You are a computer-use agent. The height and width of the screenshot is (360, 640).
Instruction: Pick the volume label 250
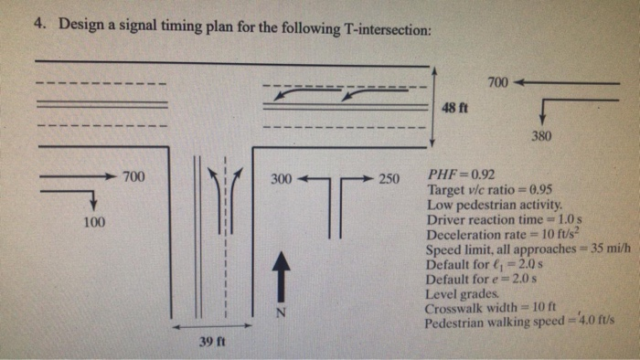389,178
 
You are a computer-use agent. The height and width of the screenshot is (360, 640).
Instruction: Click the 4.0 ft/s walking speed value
599,323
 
